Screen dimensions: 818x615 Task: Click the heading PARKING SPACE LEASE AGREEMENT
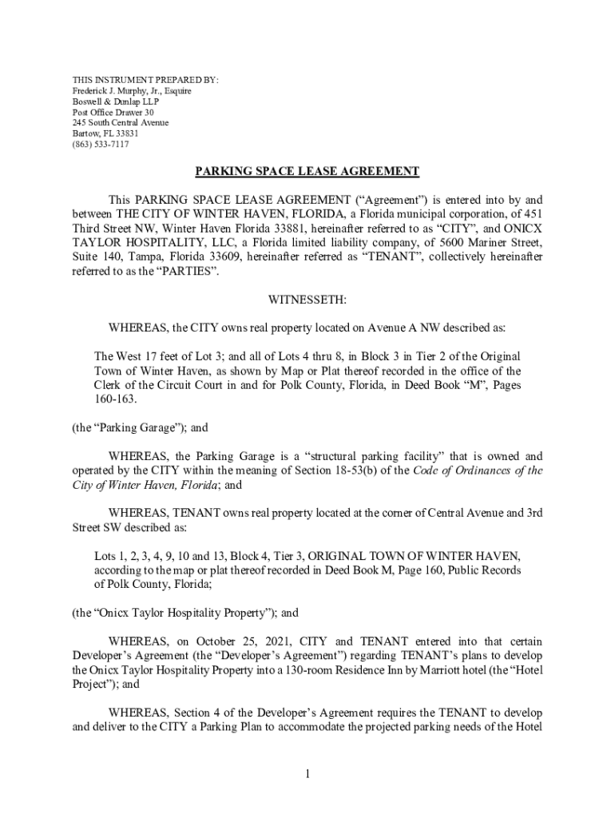click(307, 172)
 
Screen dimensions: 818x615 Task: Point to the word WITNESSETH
click(307, 300)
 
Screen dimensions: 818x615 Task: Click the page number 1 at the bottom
click(307, 774)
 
